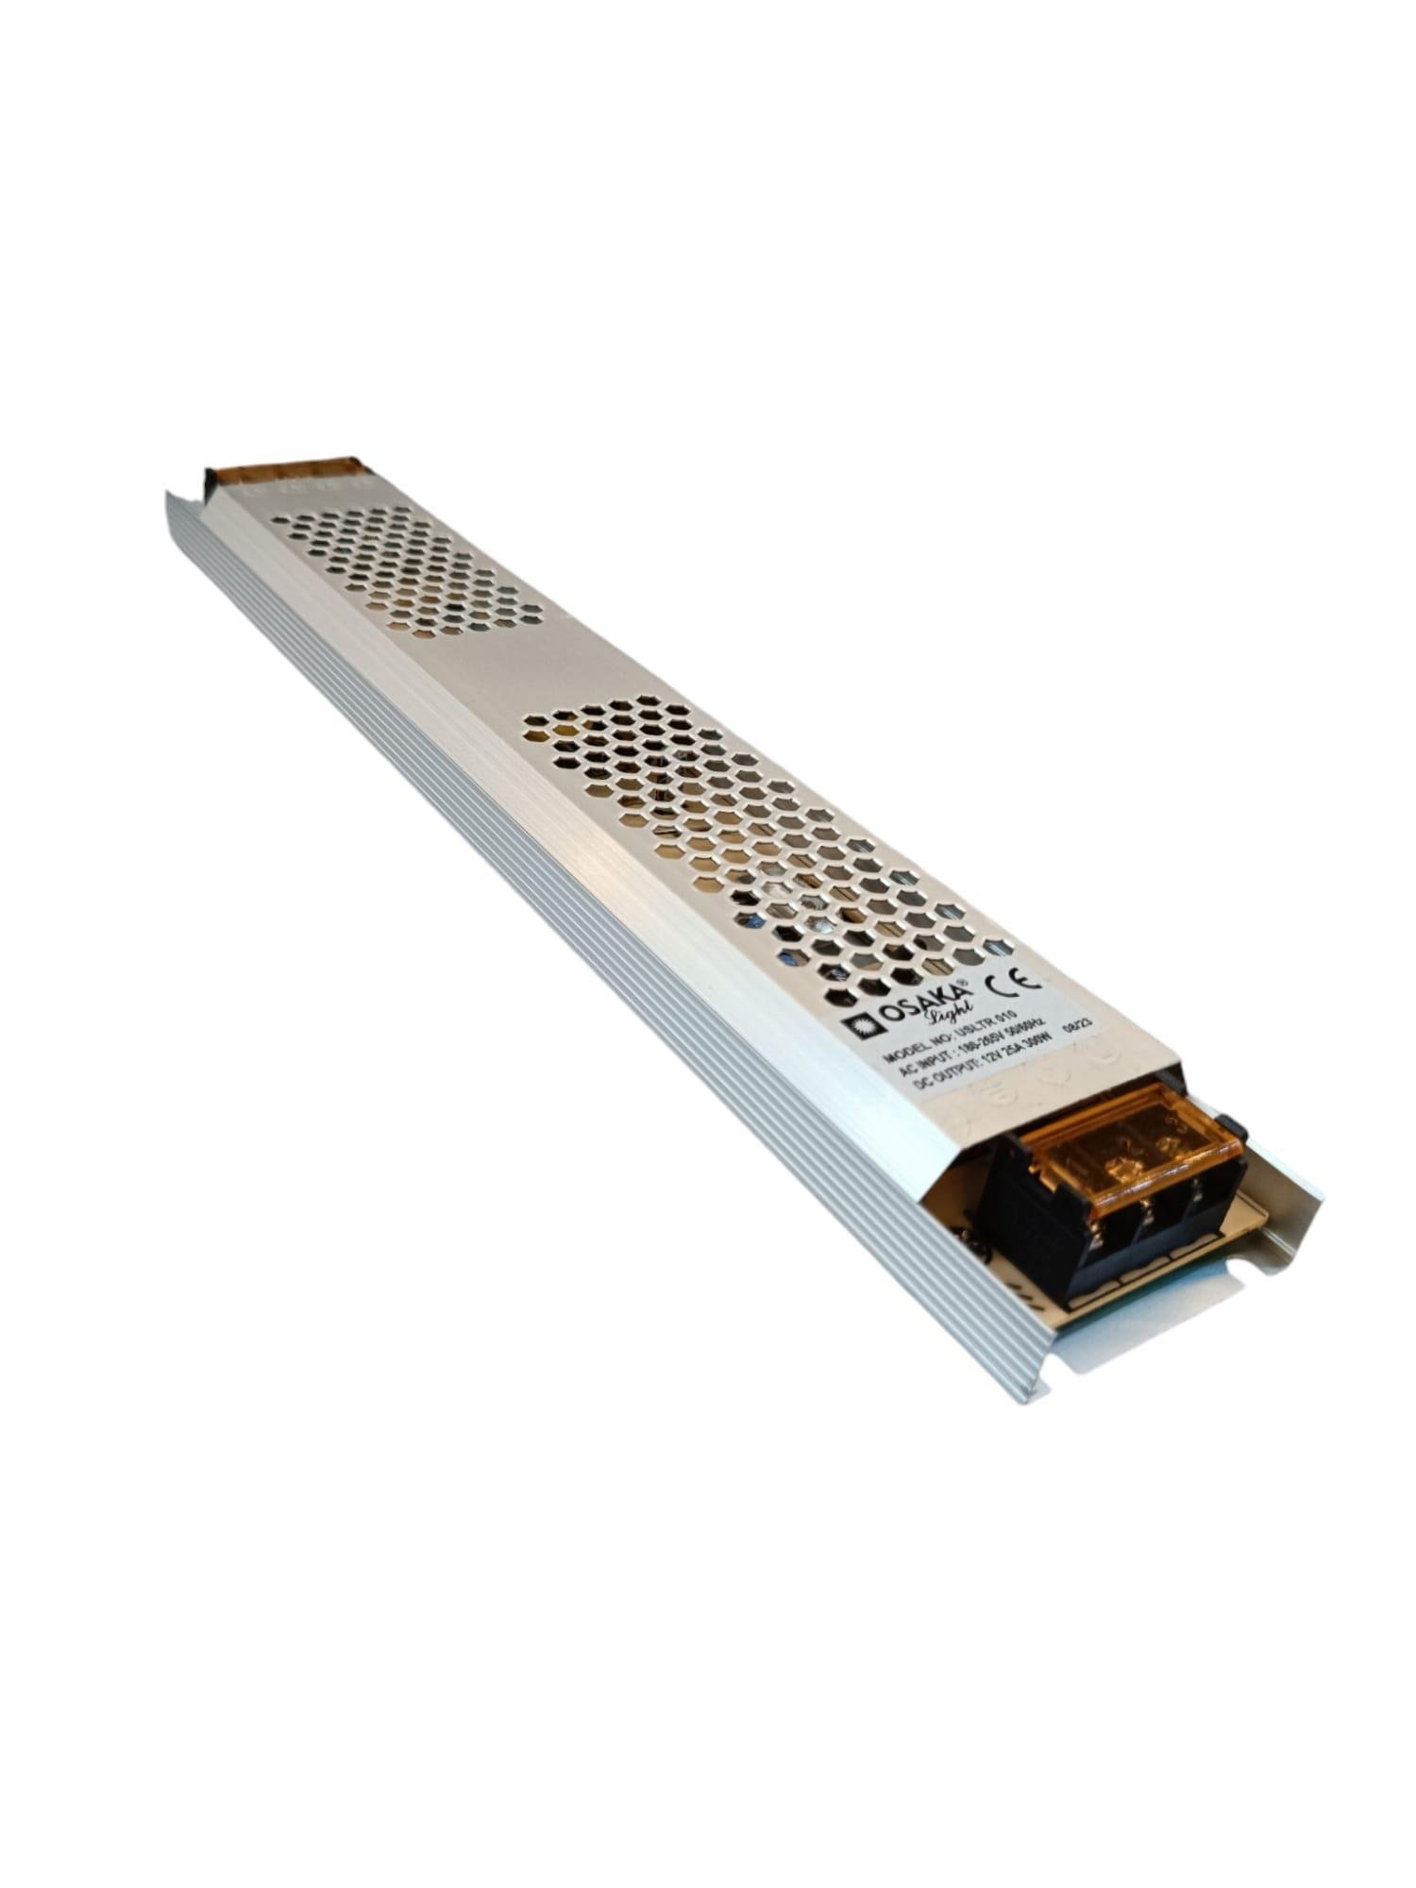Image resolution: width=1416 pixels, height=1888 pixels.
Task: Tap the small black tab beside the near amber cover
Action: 1229,1123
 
